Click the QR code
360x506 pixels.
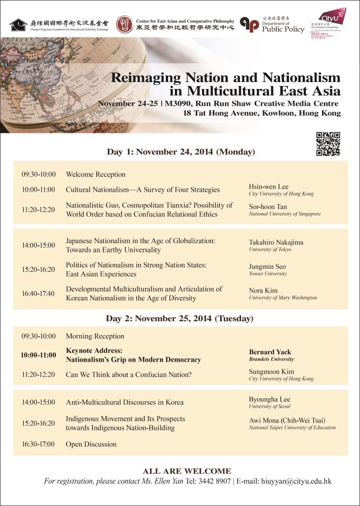(328, 144)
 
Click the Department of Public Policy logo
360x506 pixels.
(250, 24)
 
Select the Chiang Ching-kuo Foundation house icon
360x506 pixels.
(18, 24)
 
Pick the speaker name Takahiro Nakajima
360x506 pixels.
(276, 242)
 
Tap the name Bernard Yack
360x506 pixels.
(270, 352)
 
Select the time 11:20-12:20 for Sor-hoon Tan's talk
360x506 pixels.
(38, 210)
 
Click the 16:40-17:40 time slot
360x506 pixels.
(38, 294)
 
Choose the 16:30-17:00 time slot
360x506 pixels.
(38, 444)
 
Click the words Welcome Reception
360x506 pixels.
(96, 174)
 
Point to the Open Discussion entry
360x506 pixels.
(91, 444)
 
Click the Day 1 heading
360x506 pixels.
(181, 152)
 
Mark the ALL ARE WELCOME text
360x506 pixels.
(187, 471)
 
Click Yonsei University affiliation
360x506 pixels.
(268, 274)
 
